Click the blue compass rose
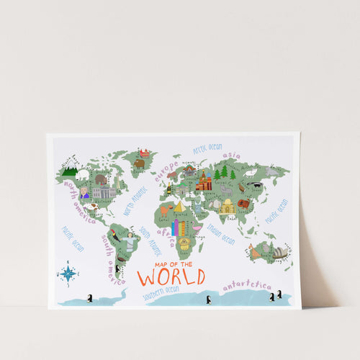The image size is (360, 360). tap(68, 273)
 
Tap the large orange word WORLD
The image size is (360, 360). tap(171, 276)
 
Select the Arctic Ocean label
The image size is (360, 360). tap(208, 148)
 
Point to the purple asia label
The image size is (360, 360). tap(232, 156)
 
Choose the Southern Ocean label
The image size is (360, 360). tap(160, 292)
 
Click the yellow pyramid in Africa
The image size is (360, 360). tap(179, 207)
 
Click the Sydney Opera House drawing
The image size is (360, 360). tap(279, 253)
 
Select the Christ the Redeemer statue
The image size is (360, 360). tap(129, 242)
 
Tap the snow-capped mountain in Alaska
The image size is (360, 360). tap(69, 171)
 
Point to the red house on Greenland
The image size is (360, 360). tap(145, 153)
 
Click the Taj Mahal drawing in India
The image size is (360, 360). tap(228, 207)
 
